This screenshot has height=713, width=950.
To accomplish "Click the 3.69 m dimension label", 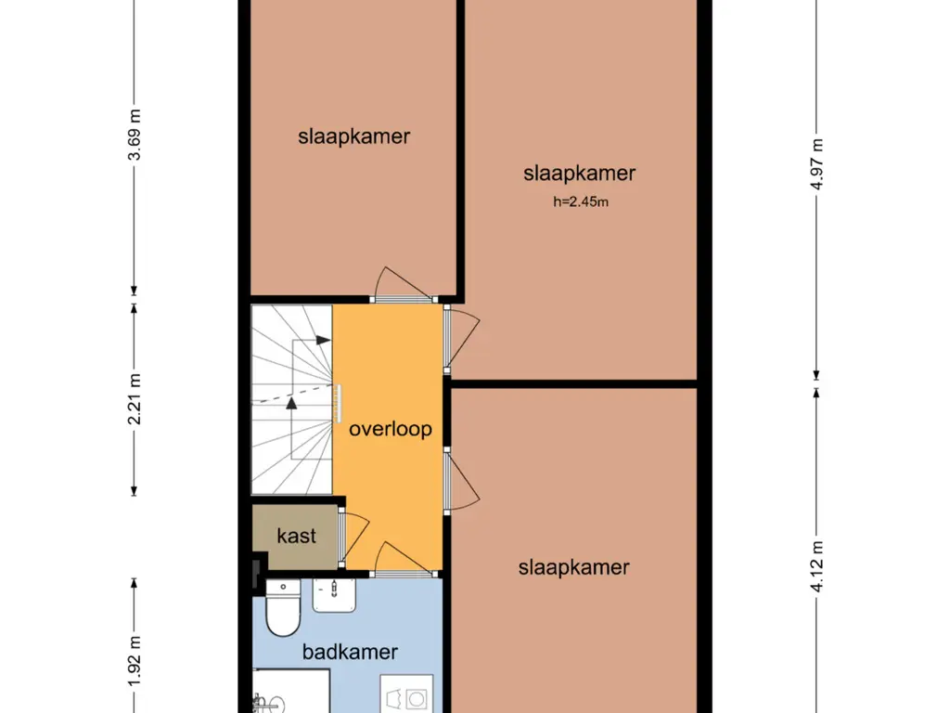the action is (x=135, y=135).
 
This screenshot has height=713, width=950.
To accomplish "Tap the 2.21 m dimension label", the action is (x=135, y=399).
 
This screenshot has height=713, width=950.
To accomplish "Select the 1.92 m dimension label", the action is (x=135, y=661).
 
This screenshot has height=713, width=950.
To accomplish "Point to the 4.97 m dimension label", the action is (x=816, y=164).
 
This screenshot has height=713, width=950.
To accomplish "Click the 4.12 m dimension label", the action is (x=816, y=566).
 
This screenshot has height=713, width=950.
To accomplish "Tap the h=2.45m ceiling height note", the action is (x=581, y=201).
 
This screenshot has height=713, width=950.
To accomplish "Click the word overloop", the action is (x=391, y=429).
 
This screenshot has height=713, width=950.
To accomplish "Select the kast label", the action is (x=296, y=536).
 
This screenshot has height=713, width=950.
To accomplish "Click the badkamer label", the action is (x=350, y=652).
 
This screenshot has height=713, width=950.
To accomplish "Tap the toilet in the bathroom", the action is (x=283, y=607).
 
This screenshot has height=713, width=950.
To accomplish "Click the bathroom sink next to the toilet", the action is (x=334, y=595).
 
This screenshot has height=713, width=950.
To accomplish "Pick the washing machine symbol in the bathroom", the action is (x=406, y=694).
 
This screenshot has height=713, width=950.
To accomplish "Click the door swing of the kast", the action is (x=355, y=538).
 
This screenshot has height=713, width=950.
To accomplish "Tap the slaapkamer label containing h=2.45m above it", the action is (x=579, y=173).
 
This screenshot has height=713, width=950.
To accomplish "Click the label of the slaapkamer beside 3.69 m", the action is (x=353, y=136).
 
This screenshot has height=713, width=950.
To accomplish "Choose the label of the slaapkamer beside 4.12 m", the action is (x=573, y=567).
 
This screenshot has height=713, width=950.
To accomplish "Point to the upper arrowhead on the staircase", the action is (x=324, y=340).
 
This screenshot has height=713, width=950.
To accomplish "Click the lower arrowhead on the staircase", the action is (x=291, y=403).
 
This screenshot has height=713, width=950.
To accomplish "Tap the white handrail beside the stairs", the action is (x=339, y=403).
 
